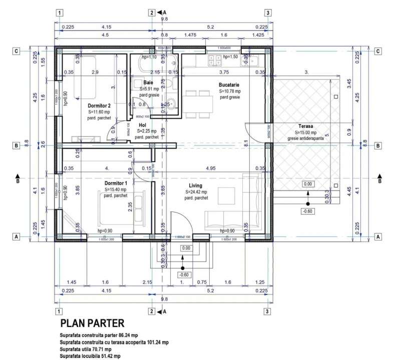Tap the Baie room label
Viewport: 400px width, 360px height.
coord(148,82)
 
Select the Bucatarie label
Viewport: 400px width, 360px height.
coord(230,85)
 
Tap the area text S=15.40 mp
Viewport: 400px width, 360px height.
coord(117,190)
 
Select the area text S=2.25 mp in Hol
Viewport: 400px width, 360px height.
coord(147,130)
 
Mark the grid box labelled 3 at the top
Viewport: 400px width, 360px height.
coord(268,13)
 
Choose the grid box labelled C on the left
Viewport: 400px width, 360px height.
coord(17,50)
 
